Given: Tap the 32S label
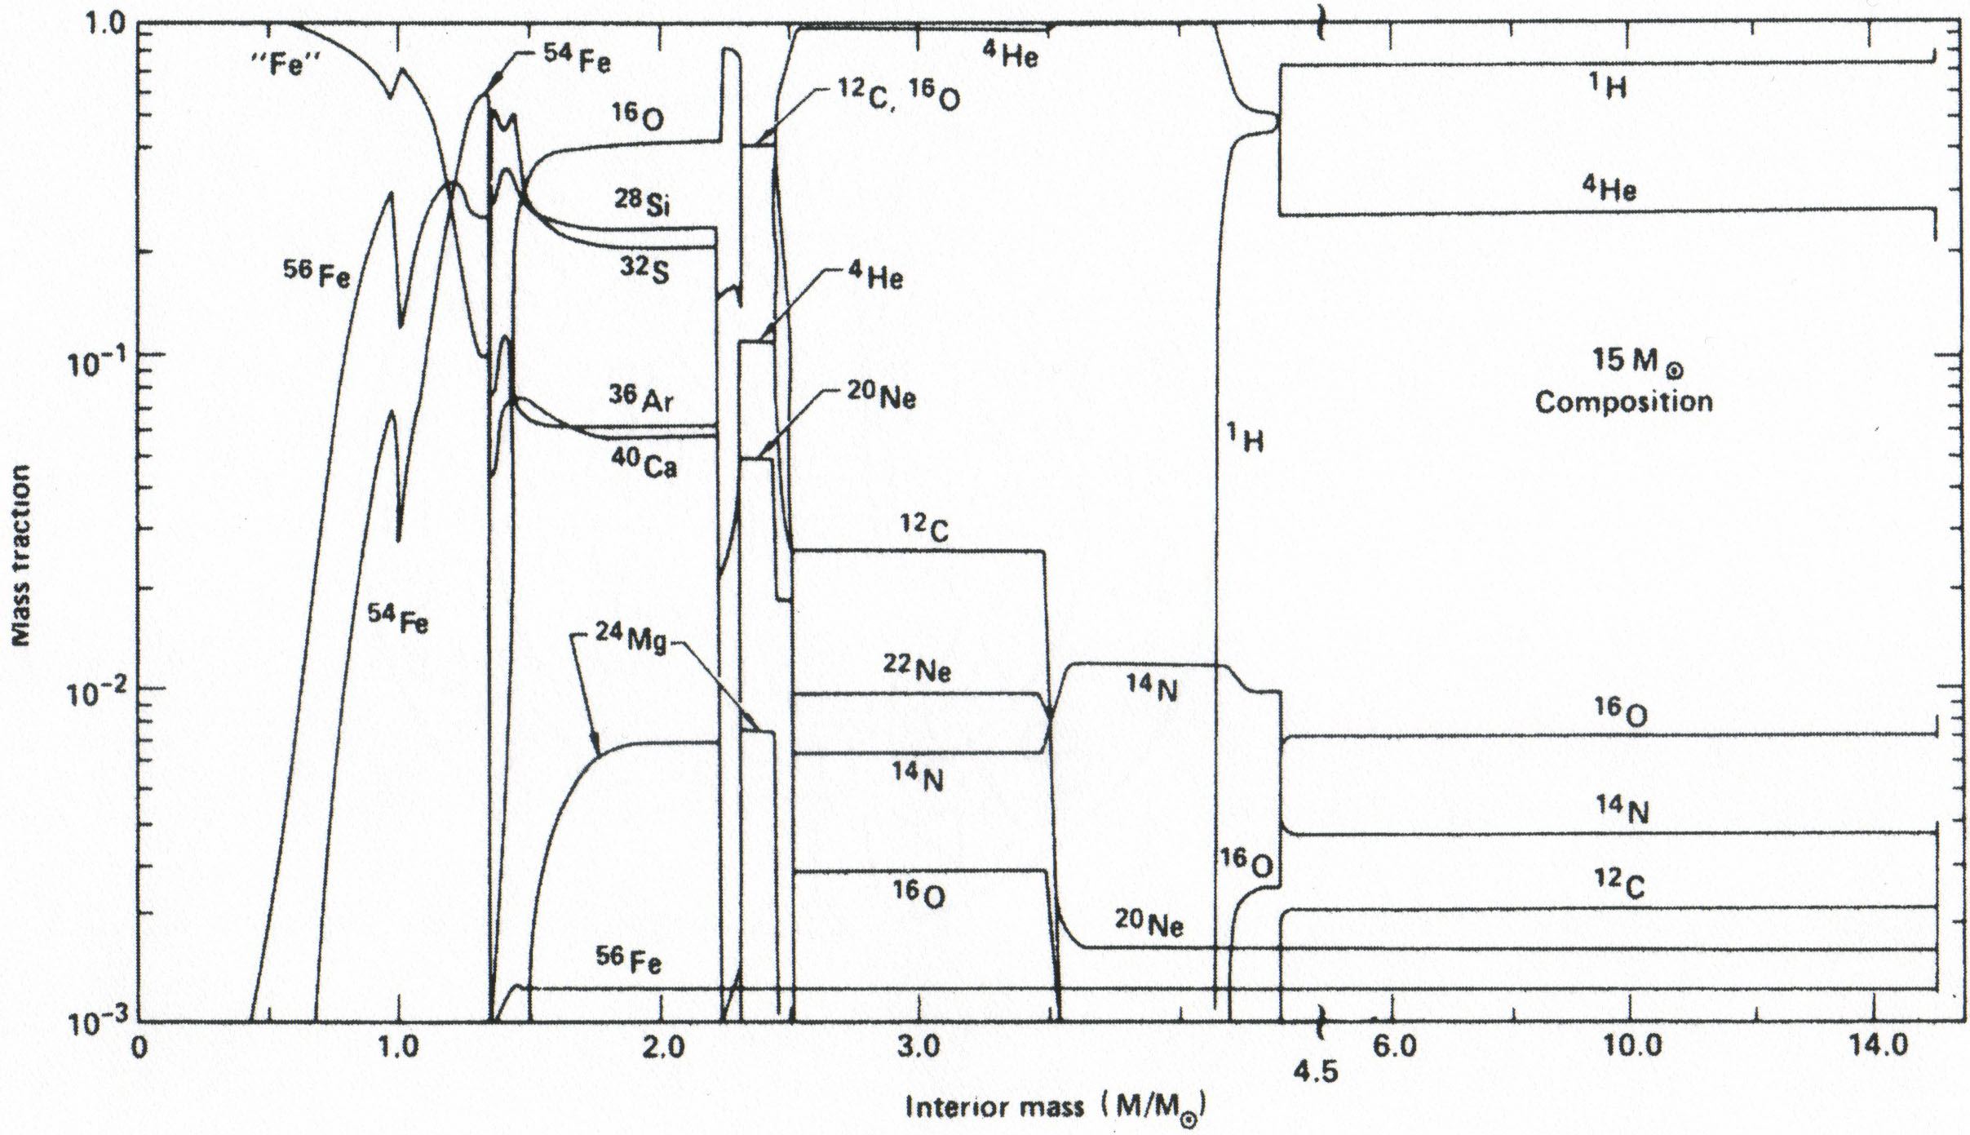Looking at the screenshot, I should [x=644, y=270].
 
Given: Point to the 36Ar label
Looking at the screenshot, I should [x=642, y=399].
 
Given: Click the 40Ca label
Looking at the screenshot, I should [x=644, y=465].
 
